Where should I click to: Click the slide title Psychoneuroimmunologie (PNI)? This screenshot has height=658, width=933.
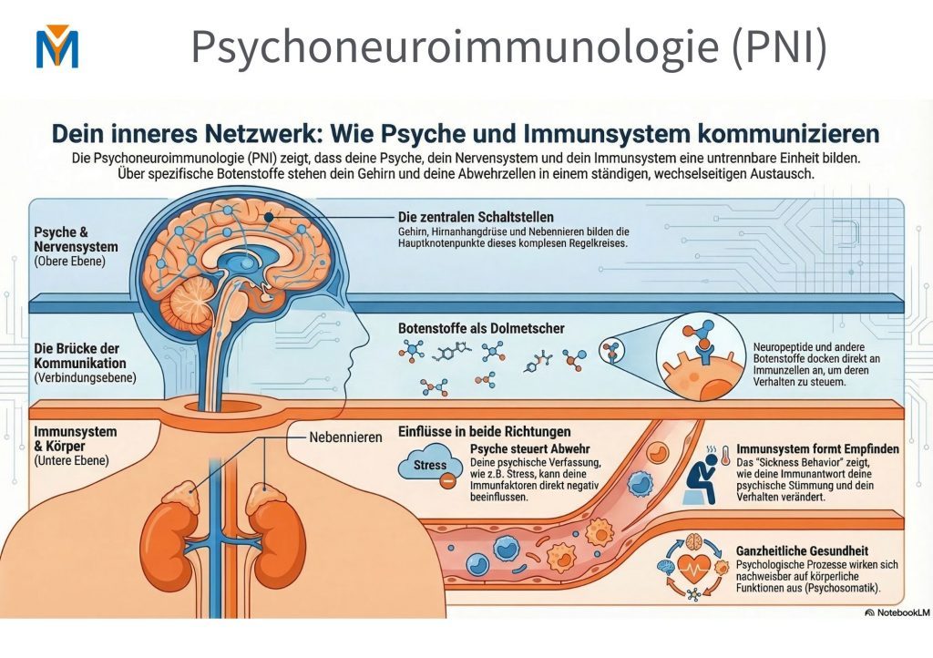tap(508, 46)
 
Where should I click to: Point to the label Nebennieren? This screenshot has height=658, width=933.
tap(345, 437)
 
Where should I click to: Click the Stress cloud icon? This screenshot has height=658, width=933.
tap(428, 466)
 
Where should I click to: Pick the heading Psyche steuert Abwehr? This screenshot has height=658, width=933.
tap(530, 449)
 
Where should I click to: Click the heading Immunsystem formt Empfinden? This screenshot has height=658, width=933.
tap(817, 449)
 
